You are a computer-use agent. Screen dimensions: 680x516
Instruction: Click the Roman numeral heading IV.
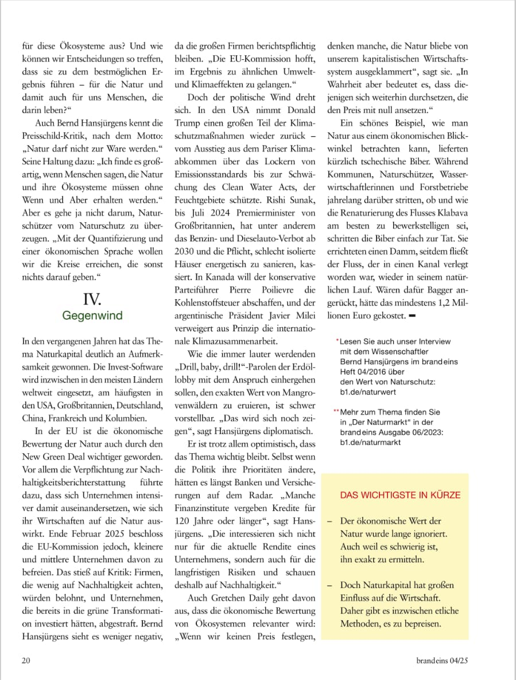coord(92,299)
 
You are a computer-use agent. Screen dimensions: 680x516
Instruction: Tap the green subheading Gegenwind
coord(92,315)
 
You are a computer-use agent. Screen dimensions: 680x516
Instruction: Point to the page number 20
coord(26,660)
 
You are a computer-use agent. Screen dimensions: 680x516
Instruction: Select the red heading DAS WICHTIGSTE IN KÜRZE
coord(400,494)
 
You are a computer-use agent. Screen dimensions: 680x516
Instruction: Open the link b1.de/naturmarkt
coord(370,442)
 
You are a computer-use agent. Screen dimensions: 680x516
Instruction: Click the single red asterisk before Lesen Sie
coord(337,341)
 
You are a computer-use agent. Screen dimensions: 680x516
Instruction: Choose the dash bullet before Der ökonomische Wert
coord(330,521)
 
